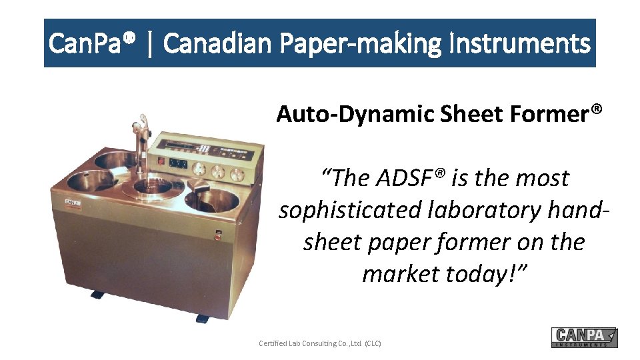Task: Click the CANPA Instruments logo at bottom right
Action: click(584, 337)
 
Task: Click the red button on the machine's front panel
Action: click(217, 234)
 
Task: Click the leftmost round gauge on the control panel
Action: click(198, 167)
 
